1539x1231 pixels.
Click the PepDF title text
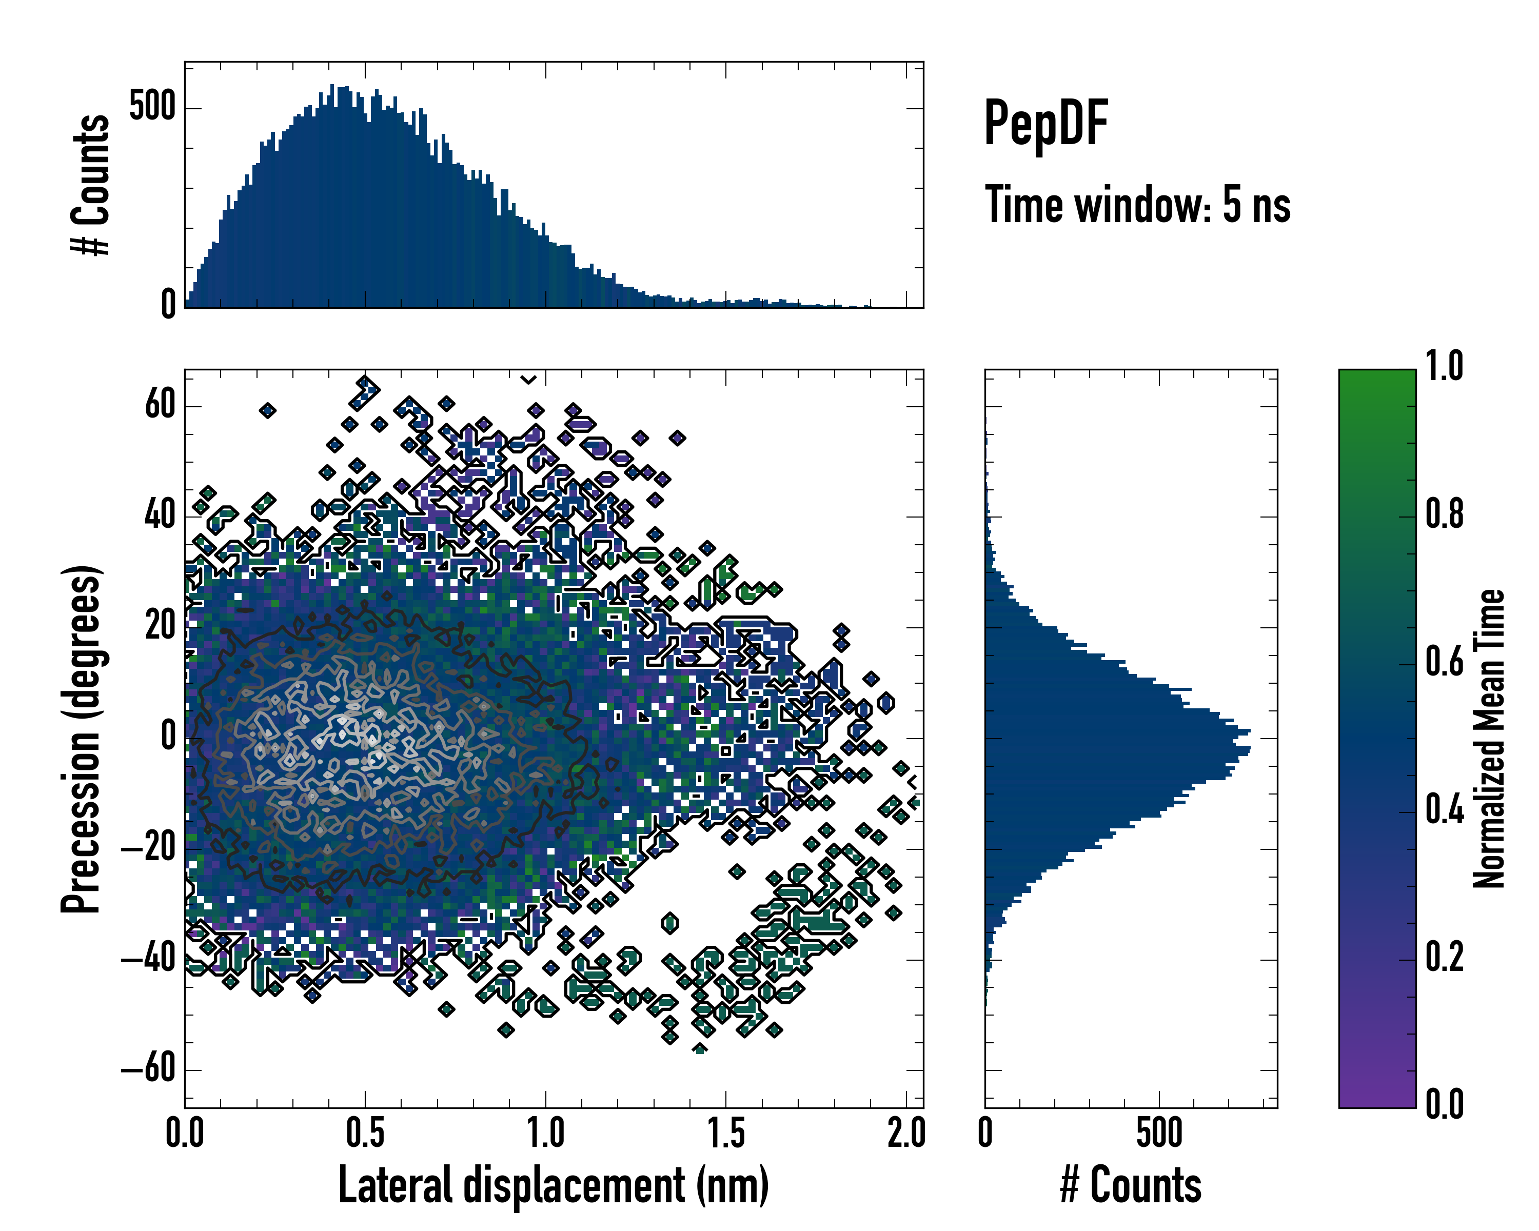(x=1045, y=124)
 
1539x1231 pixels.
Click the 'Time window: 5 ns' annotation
(x=1137, y=205)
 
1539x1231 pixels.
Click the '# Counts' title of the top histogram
(x=91, y=184)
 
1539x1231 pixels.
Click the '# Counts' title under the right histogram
(x=1131, y=1185)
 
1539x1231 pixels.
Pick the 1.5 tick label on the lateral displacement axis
(x=726, y=1133)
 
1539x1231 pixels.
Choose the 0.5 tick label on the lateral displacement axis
(x=365, y=1133)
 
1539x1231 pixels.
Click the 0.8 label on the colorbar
(x=1444, y=514)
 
